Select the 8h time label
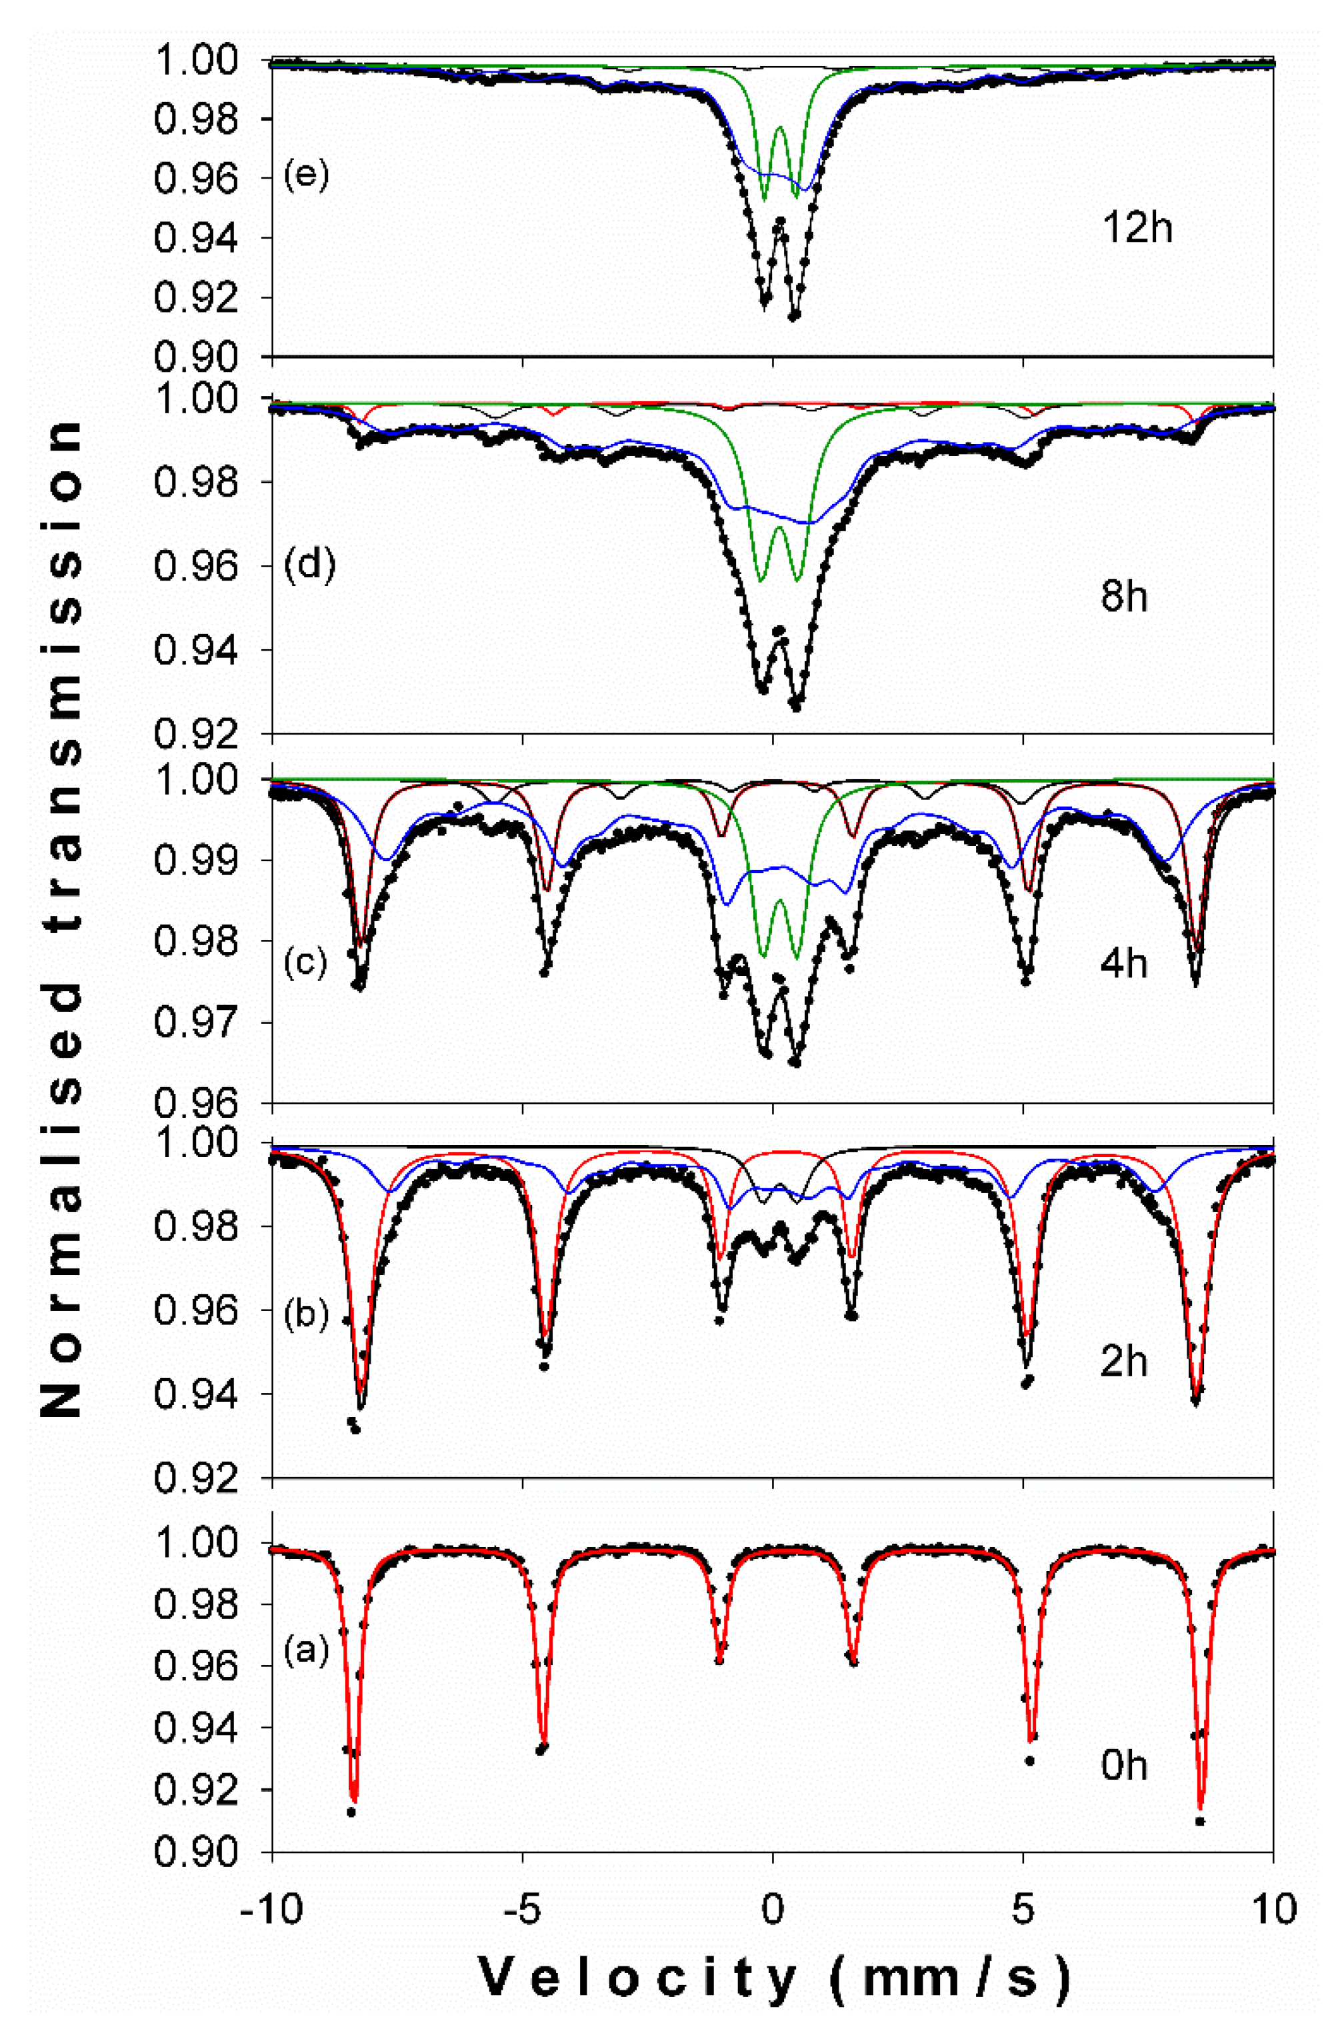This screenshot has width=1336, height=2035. click(1123, 596)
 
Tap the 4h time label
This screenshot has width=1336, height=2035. click(1123, 964)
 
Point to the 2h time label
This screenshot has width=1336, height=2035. click(1123, 1361)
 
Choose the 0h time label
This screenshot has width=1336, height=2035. click(1123, 1766)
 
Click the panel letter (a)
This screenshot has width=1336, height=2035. click(306, 1651)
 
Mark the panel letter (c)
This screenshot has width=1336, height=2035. click(306, 964)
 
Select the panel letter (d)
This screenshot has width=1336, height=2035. click(308, 565)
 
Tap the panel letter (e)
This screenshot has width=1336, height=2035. click(306, 177)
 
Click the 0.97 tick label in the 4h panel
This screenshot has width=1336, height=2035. click(197, 1023)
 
